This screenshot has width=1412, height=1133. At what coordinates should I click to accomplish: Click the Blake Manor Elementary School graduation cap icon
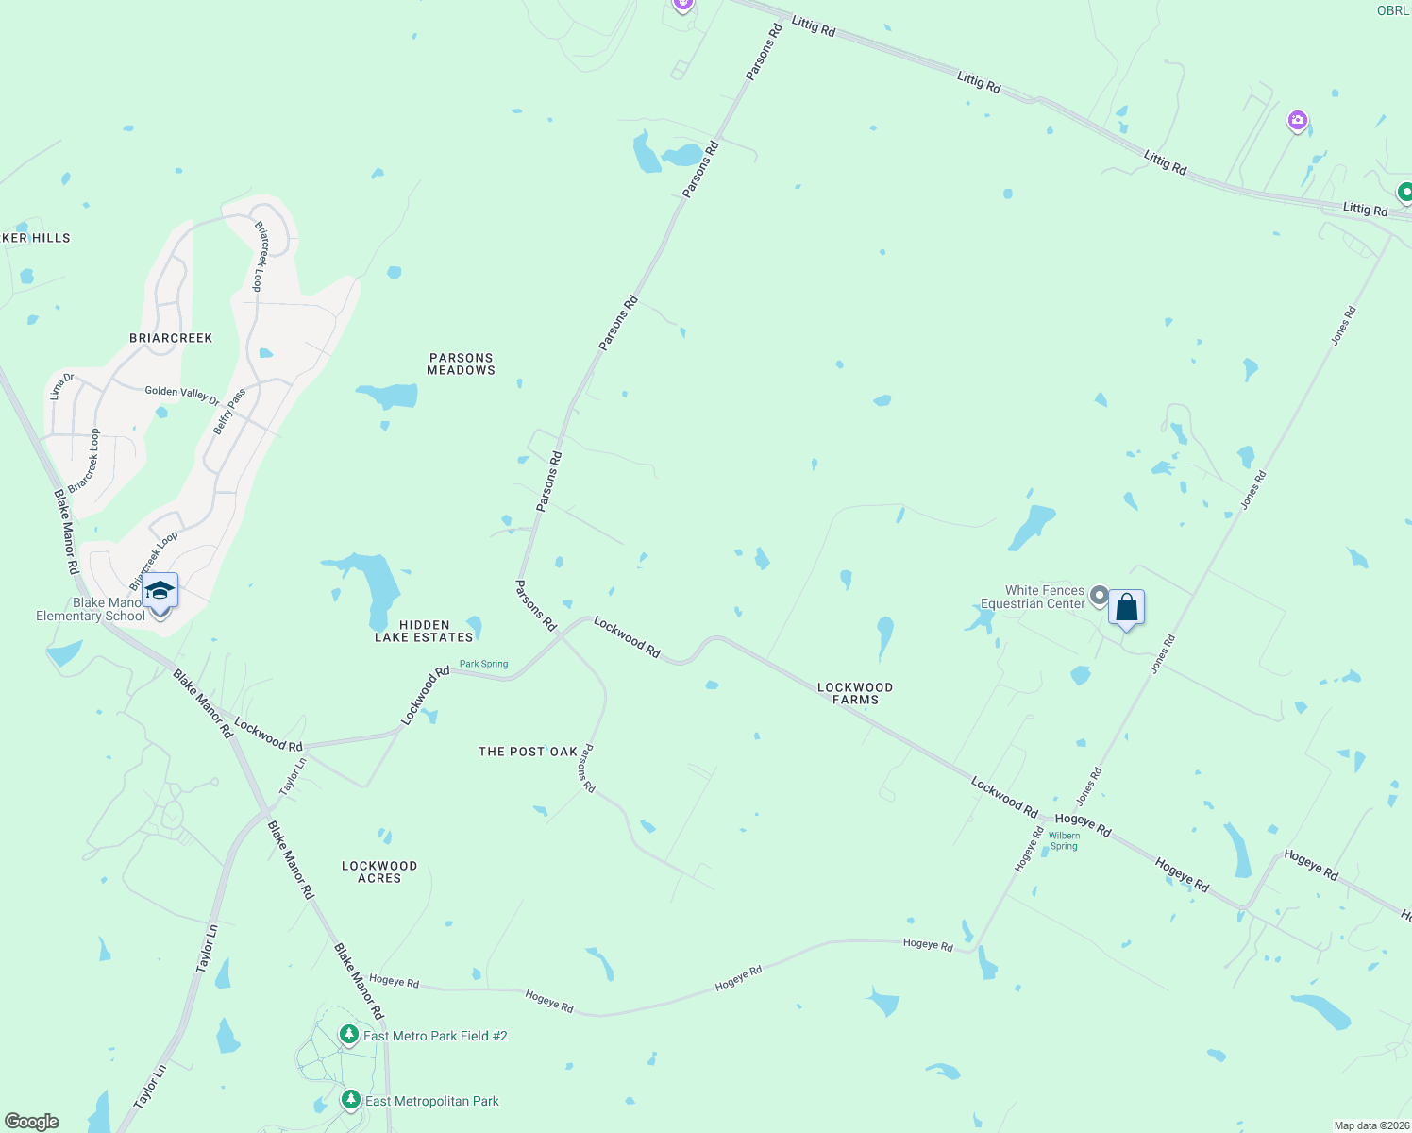(x=160, y=591)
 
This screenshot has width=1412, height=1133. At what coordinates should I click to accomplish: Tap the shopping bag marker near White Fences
(x=1126, y=608)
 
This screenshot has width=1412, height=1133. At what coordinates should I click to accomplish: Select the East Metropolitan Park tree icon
(x=351, y=1100)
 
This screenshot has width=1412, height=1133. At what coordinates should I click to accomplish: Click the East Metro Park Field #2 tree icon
(x=349, y=1036)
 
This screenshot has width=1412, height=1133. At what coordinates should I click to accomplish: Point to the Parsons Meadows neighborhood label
(x=461, y=364)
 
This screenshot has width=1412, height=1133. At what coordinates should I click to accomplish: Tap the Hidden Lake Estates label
(x=424, y=632)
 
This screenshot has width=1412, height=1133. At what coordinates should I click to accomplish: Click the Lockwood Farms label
(x=855, y=694)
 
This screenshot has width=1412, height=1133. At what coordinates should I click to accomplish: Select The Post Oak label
(x=528, y=752)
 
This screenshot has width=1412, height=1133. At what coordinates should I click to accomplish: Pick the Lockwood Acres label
(x=379, y=872)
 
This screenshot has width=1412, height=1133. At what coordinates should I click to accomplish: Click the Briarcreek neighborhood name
(x=171, y=338)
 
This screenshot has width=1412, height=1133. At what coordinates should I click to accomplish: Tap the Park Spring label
(x=483, y=664)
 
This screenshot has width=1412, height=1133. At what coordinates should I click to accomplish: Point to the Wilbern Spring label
(x=1064, y=841)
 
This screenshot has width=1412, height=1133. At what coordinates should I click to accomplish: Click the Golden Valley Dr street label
(x=182, y=395)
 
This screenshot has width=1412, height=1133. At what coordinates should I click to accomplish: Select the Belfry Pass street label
(x=229, y=412)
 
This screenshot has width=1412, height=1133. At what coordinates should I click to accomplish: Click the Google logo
(x=32, y=1122)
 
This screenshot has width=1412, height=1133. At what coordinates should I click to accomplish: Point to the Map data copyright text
(x=1370, y=1125)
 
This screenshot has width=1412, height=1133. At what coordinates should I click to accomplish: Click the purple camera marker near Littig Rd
(x=1298, y=121)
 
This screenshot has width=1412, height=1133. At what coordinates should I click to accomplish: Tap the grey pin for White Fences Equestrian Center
(x=1099, y=596)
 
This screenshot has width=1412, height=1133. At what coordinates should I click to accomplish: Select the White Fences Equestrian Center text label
(x=1034, y=598)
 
